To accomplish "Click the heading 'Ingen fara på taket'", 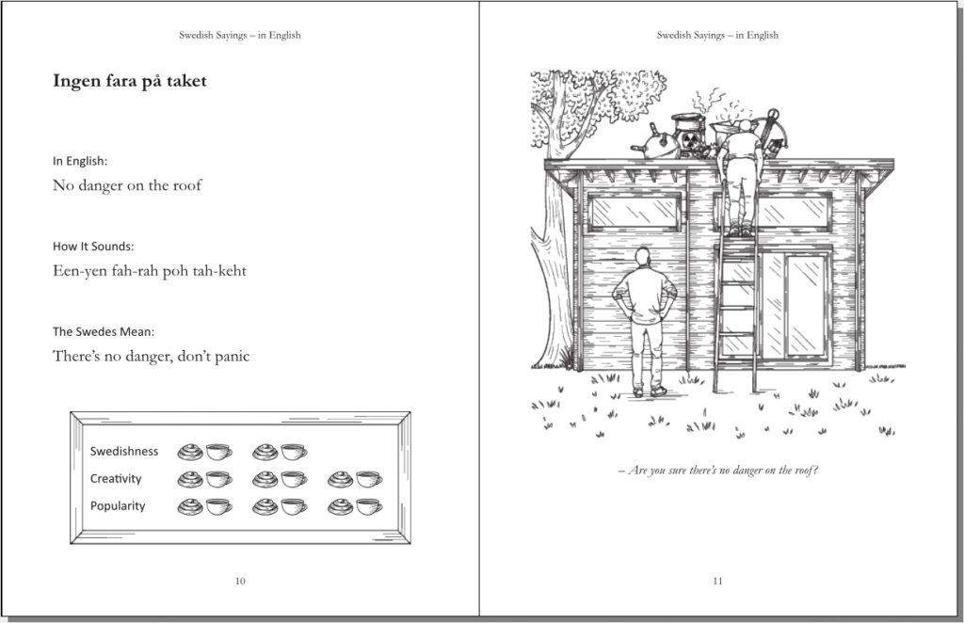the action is click(x=130, y=81).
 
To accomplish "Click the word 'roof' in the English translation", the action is click(x=187, y=185).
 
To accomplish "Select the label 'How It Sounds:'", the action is click(x=93, y=247).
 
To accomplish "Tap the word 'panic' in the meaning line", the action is click(x=233, y=357).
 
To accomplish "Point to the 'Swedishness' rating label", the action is click(x=124, y=452).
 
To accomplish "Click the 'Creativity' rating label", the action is click(x=116, y=479).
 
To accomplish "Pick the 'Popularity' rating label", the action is click(x=118, y=505).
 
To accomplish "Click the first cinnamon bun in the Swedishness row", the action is click(x=190, y=452).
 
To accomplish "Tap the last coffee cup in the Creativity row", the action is click(x=369, y=479).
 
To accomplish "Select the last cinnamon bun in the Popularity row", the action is click(x=341, y=506).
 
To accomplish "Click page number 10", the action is click(x=240, y=581).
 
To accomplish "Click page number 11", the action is click(x=717, y=581).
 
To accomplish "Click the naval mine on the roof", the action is click(x=655, y=144).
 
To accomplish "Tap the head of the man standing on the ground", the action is click(x=642, y=256).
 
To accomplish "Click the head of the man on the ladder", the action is click(x=745, y=126).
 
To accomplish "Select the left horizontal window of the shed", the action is click(x=635, y=212).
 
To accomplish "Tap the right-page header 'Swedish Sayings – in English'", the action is click(x=717, y=35).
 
